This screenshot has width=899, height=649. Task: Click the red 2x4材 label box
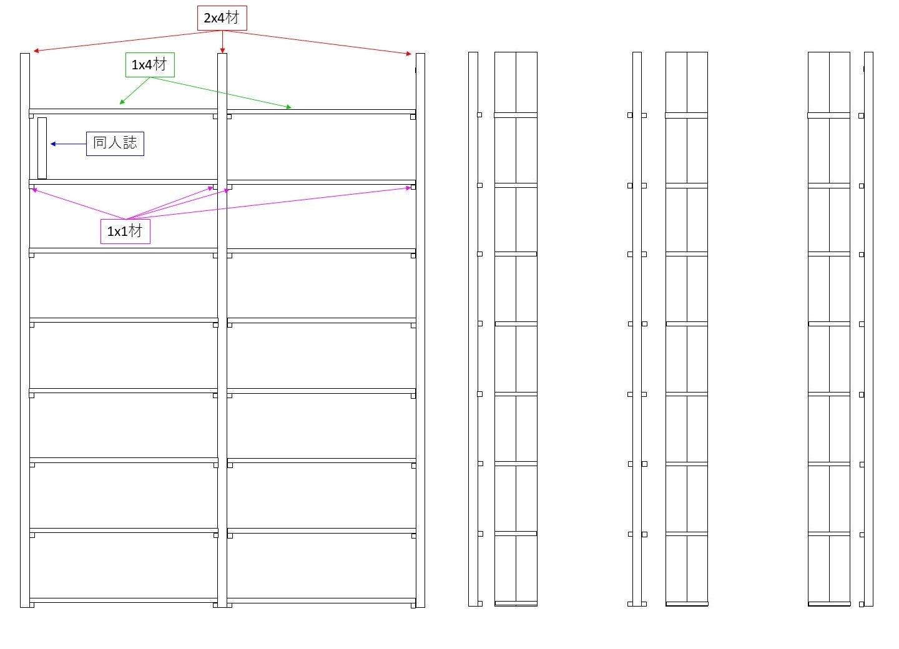click(x=222, y=18)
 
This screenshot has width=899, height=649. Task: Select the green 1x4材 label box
click(x=150, y=65)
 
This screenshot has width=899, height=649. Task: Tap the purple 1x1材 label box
click(x=125, y=232)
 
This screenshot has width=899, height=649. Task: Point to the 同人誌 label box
click(x=115, y=144)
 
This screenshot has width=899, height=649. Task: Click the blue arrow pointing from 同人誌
click(x=68, y=144)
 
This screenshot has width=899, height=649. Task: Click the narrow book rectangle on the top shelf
click(x=42, y=148)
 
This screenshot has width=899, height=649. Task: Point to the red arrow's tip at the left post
click(x=36, y=51)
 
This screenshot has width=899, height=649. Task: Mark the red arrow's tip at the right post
click(x=409, y=54)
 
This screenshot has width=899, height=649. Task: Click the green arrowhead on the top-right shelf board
click(x=289, y=107)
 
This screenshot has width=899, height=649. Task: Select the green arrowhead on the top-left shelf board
click(x=122, y=102)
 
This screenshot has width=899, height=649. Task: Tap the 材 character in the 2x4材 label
click(x=232, y=17)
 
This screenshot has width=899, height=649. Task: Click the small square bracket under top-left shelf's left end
click(x=31, y=116)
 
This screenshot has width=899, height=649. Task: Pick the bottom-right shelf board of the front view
click(x=321, y=601)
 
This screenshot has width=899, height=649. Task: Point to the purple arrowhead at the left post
click(x=34, y=189)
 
